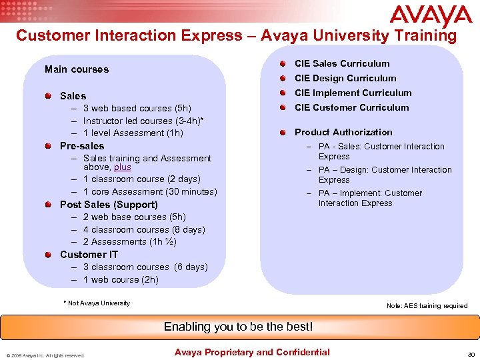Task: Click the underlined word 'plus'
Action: coord(122,167)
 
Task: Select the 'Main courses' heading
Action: coord(76,69)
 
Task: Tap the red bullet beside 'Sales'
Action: coord(49,96)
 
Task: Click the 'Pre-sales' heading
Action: coord(82,145)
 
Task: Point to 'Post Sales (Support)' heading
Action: coord(109,205)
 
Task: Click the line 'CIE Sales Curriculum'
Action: coord(342,63)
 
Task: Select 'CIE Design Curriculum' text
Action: coord(345,78)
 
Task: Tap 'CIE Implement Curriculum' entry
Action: coord(353,93)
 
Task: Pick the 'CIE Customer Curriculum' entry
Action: coord(351,107)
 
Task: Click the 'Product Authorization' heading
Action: coord(343,132)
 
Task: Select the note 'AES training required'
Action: coord(427,306)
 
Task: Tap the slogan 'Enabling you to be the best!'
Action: coord(238,327)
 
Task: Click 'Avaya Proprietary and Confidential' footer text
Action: coord(251,352)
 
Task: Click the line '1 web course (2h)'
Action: coord(121,279)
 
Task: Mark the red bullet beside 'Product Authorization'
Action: coord(284,132)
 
